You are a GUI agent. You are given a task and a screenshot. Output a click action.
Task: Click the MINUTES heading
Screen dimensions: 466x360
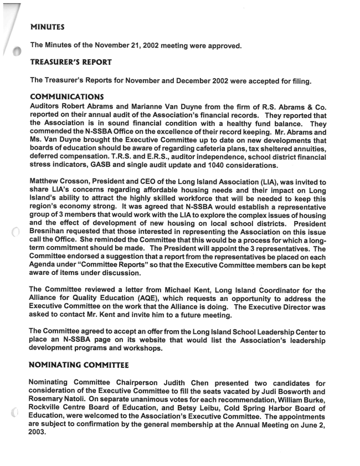click(48, 26)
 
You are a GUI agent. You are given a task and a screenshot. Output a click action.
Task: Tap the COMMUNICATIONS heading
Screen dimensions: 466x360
click(67, 97)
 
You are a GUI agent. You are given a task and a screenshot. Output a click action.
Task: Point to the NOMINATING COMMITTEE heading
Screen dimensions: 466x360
click(79, 365)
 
